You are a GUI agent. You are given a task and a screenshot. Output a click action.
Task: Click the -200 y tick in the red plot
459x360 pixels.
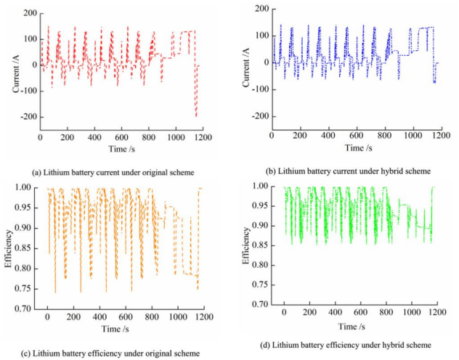28,118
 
